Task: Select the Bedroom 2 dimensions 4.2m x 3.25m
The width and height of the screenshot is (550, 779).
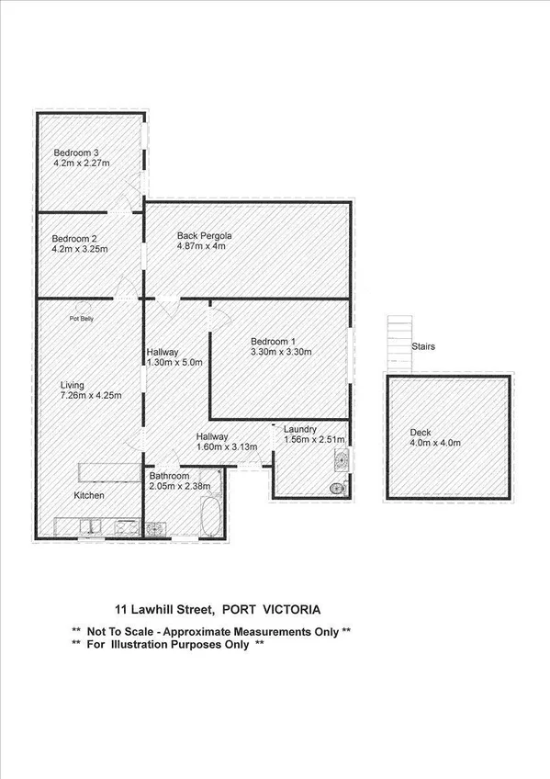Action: tap(80, 249)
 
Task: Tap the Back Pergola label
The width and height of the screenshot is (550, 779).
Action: tap(204, 236)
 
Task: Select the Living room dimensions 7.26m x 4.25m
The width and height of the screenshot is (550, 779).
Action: tap(91, 396)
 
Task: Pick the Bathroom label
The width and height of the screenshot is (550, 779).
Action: tap(169, 476)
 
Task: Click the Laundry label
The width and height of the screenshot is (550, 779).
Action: tap(300, 429)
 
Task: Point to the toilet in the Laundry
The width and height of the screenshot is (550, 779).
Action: tap(338, 488)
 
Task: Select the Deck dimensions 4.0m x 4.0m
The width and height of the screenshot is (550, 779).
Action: tap(434, 443)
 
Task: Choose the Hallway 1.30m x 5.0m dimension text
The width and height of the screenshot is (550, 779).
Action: tap(174, 363)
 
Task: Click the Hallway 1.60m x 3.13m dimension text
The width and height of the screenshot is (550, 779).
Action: tap(227, 447)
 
